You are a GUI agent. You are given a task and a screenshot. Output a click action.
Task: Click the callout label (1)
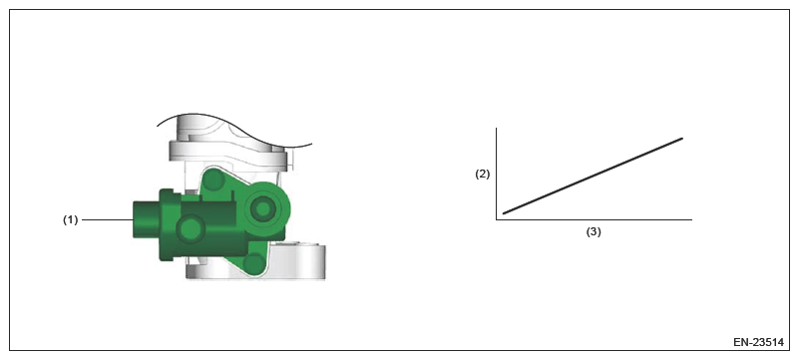pos(70,220)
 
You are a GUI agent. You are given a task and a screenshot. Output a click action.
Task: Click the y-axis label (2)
pos(482,175)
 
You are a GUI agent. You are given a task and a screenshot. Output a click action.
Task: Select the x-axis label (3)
pos(594,231)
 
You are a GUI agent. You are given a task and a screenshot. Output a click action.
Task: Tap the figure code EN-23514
pos(758,343)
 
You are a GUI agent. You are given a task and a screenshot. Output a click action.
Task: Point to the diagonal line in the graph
pos(593,176)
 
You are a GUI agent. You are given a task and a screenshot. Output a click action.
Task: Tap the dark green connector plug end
pos(147,220)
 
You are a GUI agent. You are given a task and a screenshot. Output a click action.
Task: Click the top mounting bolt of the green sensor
pos(215,180)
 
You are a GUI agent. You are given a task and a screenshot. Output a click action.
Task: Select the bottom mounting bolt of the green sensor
pos(253,262)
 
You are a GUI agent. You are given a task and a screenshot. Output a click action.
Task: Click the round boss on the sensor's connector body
pos(192,228)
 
